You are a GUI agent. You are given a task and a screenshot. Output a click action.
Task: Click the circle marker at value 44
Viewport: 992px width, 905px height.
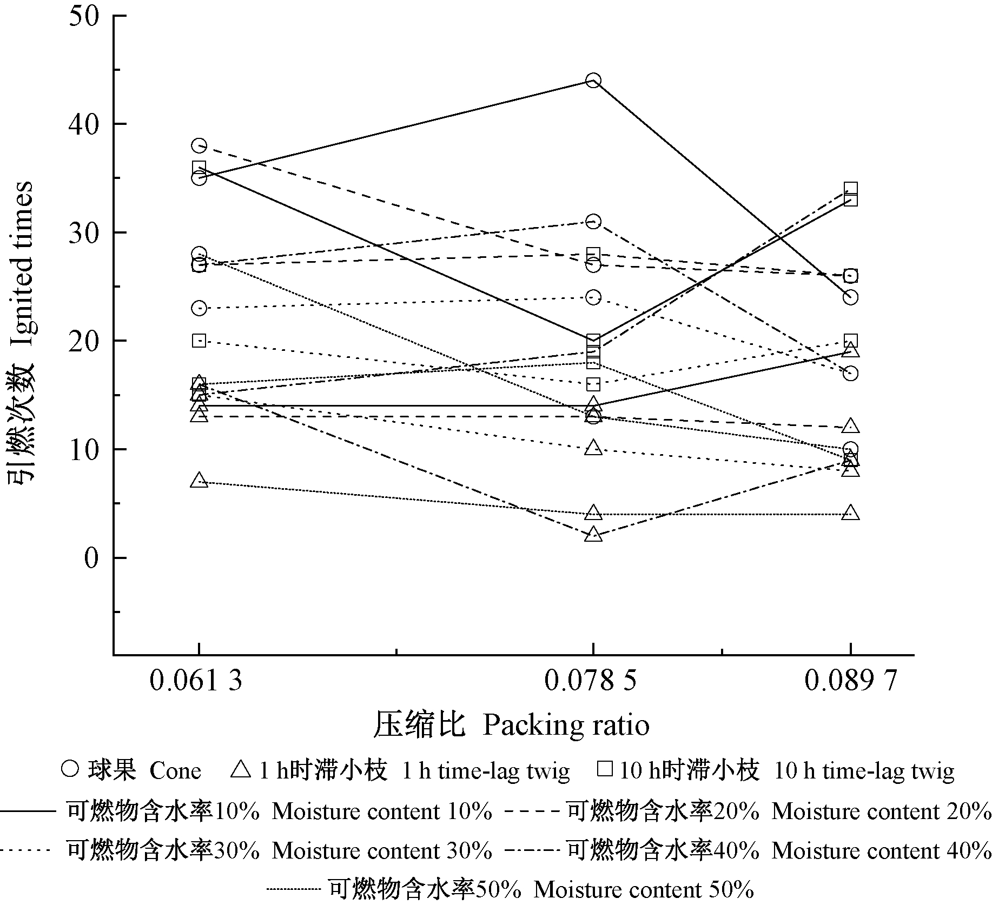[593, 81]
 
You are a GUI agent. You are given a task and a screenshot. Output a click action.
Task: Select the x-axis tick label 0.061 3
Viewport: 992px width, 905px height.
[196, 680]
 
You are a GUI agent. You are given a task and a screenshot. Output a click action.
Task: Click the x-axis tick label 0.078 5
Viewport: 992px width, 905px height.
[591, 680]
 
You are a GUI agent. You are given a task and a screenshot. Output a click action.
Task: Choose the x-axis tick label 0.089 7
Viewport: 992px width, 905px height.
[850, 680]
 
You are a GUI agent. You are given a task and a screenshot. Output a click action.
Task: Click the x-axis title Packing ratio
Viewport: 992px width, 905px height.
[511, 725]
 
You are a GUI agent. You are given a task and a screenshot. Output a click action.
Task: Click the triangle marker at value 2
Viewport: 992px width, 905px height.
[593, 535]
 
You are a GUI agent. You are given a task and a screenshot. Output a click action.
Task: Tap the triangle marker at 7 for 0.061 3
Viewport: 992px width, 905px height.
[199, 481]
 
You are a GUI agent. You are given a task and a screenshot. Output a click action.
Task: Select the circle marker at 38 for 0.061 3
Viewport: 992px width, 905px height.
[199, 145]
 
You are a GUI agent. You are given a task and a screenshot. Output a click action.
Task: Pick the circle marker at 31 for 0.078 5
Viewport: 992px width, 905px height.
[593, 222]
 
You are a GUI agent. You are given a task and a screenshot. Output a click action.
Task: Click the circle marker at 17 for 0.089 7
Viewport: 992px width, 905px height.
[850, 374]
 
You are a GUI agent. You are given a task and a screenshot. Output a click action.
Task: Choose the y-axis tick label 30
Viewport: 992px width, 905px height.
[84, 232]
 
